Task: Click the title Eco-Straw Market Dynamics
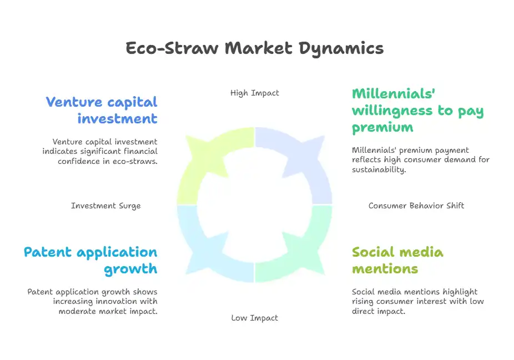click(x=255, y=48)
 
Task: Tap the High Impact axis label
click(x=255, y=93)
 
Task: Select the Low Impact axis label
click(x=255, y=318)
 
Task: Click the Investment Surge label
click(x=106, y=206)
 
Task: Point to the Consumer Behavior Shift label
click(x=416, y=206)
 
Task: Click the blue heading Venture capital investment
click(x=102, y=110)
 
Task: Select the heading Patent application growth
click(x=90, y=260)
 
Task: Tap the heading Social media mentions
click(x=397, y=260)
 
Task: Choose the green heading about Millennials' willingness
click(x=417, y=111)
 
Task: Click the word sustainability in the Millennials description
click(x=379, y=169)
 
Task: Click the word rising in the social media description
click(x=363, y=302)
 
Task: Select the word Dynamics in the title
click(x=341, y=49)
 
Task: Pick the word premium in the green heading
click(x=382, y=128)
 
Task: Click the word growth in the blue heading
click(x=131, y=269)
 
